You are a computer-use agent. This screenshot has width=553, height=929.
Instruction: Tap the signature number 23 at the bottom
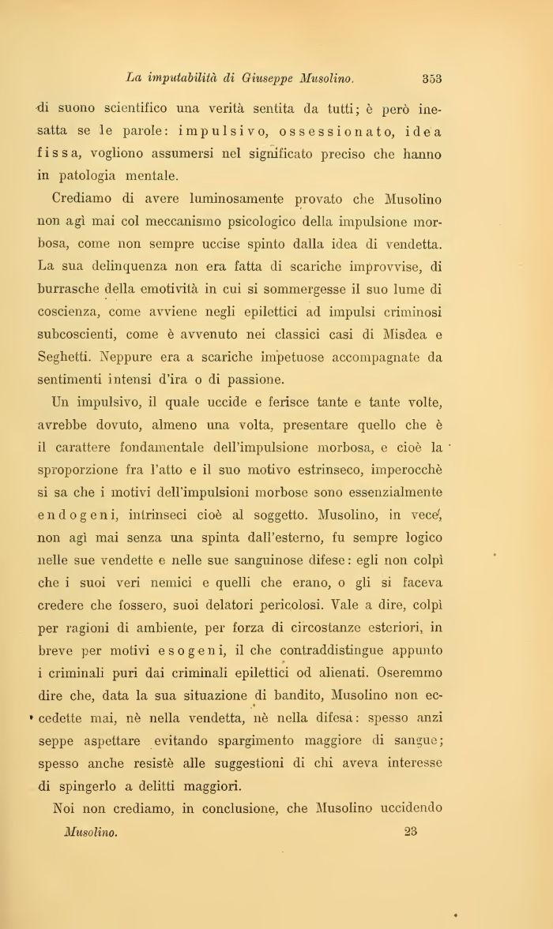[409, 830]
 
